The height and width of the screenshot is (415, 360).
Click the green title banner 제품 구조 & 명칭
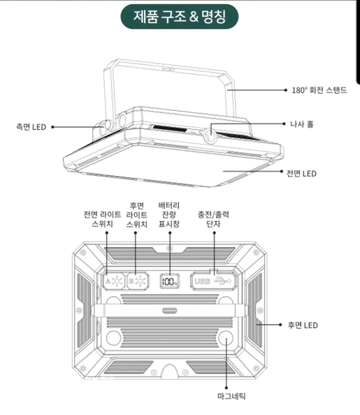[x=179, y=17]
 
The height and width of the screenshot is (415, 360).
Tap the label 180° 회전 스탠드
[x=319, y=90]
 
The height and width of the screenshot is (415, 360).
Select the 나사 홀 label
[x=302, y=124]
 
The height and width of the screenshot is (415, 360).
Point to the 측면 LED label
[x=31, y=127]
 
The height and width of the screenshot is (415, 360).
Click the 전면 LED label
[x=301, y=174]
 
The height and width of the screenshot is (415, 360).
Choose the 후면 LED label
[x=303, y=325]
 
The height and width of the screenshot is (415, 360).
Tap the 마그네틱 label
[x=231, y=396]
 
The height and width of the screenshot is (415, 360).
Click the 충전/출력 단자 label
[x=214, y=219]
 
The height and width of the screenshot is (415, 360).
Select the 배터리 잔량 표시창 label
[x=169, y=215]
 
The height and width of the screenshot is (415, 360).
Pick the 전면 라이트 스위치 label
[x=102, y=219]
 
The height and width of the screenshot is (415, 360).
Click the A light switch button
[x=114, y=281]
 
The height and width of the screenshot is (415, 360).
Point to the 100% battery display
[x=170, y=281]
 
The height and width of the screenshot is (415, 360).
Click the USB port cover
[x=213, y=281]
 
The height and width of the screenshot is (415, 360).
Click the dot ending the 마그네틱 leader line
[x=226, y=388]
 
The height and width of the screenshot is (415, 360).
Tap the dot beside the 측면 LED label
[x=53, y=127]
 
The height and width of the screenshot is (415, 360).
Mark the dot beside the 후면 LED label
[x=280, y=325]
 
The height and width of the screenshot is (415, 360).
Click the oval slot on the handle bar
[x=170, y=311]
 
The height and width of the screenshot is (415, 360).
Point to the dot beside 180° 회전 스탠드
[x=286, y=90]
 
